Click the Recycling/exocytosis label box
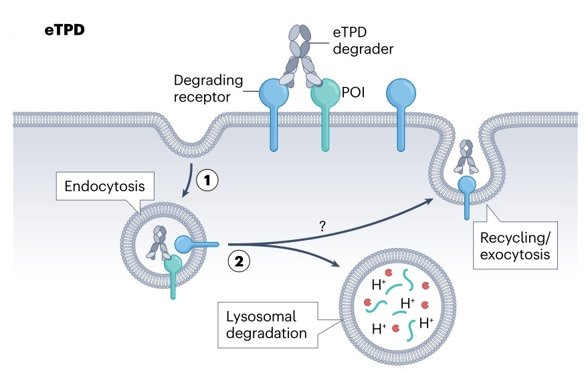[512, 245]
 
